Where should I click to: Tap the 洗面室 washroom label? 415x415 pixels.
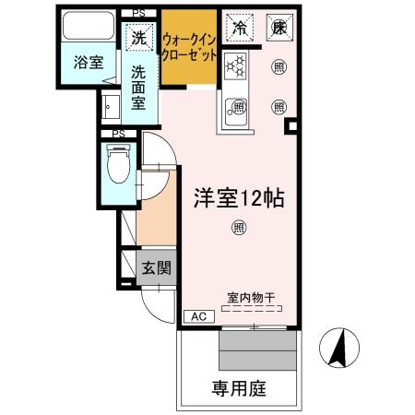[x=138, y=87]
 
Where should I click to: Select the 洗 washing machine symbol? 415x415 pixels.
[x=138, y=39]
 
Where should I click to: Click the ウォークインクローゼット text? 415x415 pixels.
[x=190, y=47]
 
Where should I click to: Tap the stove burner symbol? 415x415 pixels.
[x=236, y=66]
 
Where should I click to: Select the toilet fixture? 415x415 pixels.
[x=117, y=170]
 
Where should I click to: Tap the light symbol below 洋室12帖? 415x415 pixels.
[x=239, y=228]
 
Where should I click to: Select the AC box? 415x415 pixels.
[x=197, y=316]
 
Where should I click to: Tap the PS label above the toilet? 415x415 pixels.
[x=118, y=134]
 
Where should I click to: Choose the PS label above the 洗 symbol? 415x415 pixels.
[x=138, y=13]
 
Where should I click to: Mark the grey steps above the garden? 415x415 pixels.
[x=258, y=350]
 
